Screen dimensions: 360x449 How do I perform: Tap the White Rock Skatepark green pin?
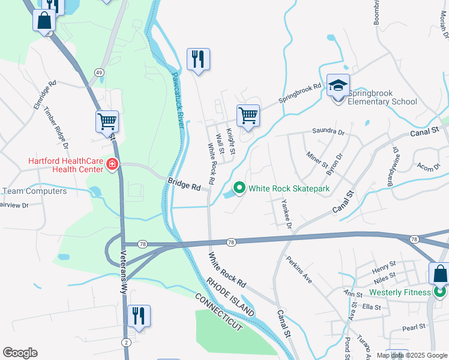pos(240,188)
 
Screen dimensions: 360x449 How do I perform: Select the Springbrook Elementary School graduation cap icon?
pos(338,86)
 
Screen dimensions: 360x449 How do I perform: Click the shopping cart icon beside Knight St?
pos(248,115)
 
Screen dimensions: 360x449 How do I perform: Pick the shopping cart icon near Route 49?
pos(107,121)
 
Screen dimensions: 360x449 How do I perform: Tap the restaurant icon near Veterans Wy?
pos(139,315)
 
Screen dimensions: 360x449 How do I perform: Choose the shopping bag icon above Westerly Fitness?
pos(439,274)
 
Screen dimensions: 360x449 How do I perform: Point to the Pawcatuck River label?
pos(178,100)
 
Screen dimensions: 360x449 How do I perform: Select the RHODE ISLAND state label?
pos(230,297)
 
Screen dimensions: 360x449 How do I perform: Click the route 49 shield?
pos(97,72)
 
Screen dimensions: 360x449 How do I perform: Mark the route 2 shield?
pos(125,341)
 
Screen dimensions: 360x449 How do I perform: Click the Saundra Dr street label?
pos(328,131)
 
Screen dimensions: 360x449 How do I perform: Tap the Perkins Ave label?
pos(300,270)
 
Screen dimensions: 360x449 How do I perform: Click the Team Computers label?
pos(34,191)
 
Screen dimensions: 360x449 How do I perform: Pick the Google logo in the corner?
pos(20,353)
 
